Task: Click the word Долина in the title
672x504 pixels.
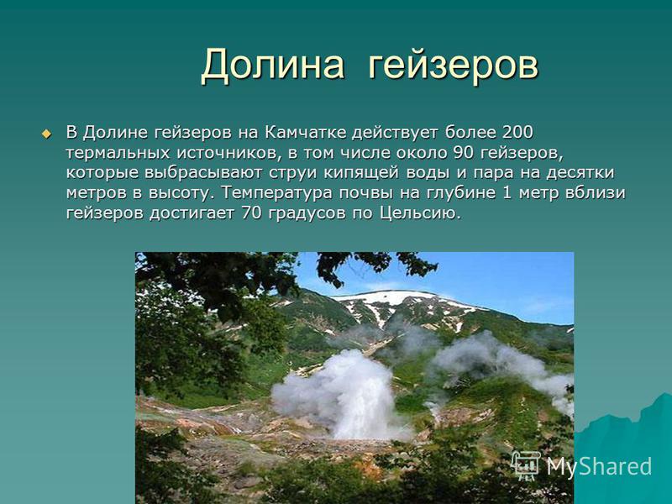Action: click(x=272, y=66)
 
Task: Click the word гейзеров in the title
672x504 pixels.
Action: click(x=453, y=66)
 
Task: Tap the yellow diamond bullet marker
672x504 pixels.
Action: click(x=46, y=134)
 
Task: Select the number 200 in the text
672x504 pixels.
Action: click(x=517, y=133)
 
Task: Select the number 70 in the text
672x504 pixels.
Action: click(x=251, y=213)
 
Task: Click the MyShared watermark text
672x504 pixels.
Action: click(x=599, y=466)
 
